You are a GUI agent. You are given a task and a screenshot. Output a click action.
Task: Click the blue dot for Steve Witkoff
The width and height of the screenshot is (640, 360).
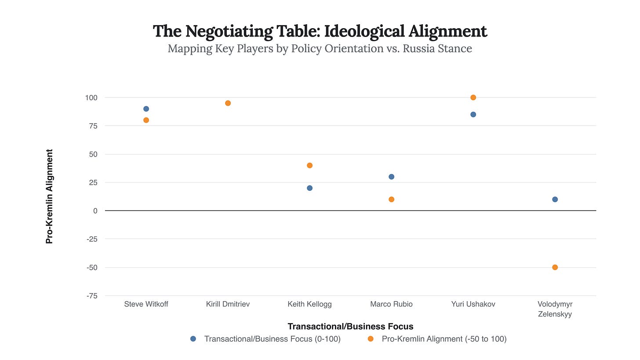146,109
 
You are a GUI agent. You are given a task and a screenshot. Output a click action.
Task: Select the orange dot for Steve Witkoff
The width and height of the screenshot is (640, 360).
146,120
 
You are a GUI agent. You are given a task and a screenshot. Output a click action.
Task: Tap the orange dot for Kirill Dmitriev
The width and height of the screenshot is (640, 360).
228,103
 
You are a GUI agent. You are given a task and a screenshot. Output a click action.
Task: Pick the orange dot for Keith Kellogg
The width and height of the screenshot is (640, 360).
309,165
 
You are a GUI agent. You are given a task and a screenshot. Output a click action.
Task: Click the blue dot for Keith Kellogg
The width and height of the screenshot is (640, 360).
309,188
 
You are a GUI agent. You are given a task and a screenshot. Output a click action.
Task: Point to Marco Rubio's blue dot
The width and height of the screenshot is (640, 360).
391,177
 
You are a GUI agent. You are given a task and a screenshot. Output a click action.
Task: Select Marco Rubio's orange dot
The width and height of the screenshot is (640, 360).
391,199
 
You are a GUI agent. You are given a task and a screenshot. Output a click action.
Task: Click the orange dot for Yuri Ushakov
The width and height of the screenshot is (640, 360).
473,97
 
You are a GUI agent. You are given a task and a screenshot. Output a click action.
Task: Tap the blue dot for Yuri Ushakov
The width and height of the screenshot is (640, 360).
473,114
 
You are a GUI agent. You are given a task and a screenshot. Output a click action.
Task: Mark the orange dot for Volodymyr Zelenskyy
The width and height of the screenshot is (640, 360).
555,267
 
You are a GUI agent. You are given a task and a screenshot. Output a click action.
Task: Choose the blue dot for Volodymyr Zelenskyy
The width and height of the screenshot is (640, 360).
555,199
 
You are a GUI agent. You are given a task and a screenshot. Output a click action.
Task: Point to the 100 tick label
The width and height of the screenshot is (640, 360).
91,97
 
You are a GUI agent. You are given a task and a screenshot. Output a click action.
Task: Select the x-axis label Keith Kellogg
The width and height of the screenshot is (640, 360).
309,304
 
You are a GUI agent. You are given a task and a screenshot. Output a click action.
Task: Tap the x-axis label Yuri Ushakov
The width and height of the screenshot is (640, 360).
473,304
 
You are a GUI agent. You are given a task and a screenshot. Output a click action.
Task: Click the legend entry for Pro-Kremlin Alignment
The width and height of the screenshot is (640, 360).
444,339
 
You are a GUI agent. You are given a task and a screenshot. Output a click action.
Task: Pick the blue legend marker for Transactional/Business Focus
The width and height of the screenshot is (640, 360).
193,339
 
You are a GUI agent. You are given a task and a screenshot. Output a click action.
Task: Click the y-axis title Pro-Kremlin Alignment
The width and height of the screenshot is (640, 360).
50,196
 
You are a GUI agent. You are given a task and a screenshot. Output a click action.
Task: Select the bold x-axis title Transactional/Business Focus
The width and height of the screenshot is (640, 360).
350,326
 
